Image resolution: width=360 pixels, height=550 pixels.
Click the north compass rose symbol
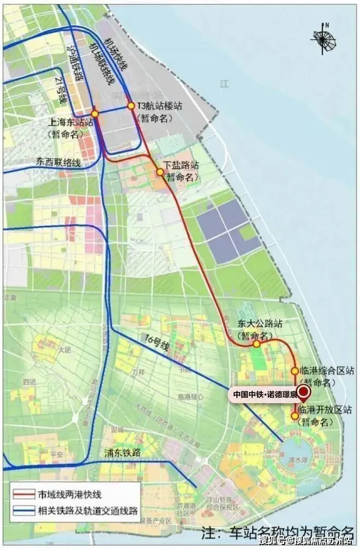pyautogui.click(x=326, y=37)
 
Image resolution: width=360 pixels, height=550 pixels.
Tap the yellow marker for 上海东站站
pyautogui.click(x=95, y=113)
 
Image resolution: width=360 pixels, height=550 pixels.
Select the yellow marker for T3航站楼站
pyautogui.click(x=131, y=106)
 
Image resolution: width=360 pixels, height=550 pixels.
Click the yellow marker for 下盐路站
pyautogui.click(x=160, y=172)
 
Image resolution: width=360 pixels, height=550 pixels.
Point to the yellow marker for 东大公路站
pyautogui.click(x=256, y=344)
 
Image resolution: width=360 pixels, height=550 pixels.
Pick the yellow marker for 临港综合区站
pyautogui.click(x=295, y=370)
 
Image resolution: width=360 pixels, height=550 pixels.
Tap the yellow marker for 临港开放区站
pyautogui.click(x=295, y=416)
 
